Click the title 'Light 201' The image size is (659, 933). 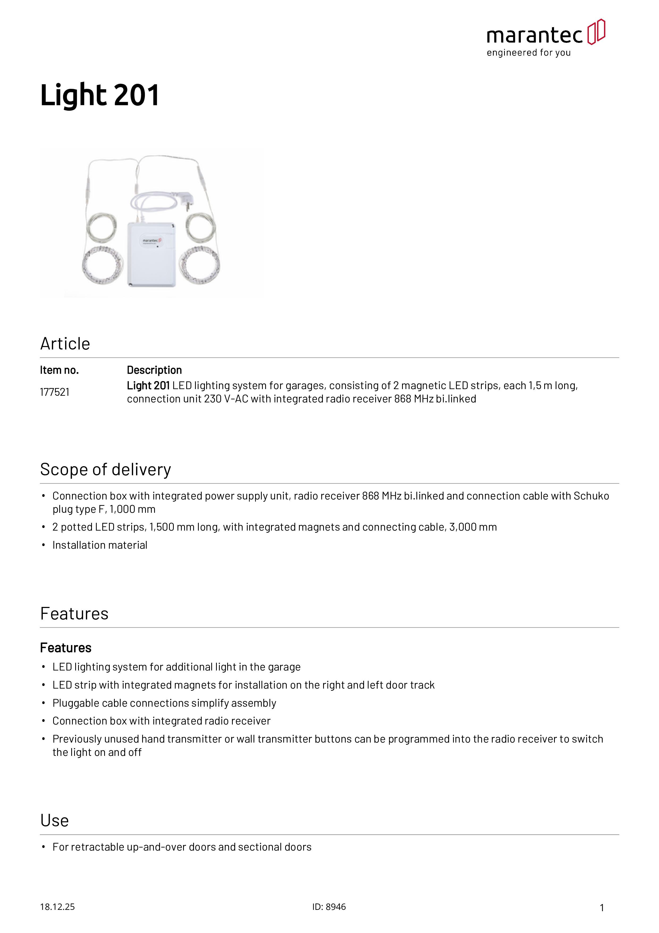pos(100,95)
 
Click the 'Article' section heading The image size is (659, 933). pos(65,344)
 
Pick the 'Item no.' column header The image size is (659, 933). pos(59,370)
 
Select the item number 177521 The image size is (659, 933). pos(54,392)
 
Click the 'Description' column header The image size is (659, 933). pos(154,370)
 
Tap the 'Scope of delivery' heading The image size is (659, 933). pos(105,470)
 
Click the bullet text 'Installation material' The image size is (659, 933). pos(100,545)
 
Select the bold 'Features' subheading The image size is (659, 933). pos(66,648)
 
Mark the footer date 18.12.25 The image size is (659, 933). pos(57,907)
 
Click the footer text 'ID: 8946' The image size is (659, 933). pos(329,907)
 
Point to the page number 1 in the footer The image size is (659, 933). pos(602,908)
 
